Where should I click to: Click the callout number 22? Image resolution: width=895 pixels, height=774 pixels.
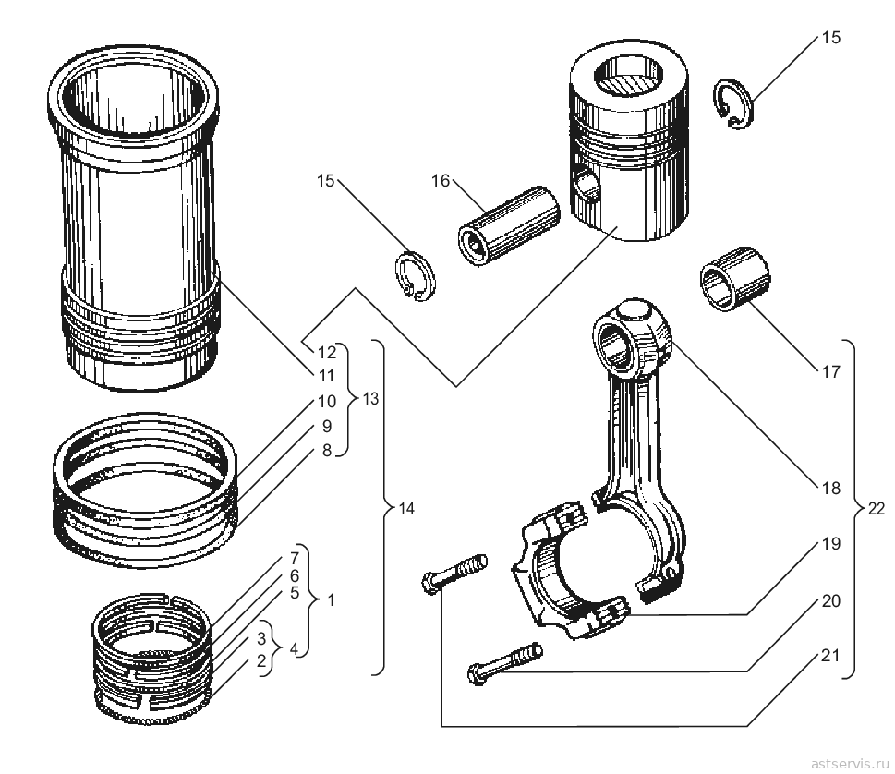pyautogui.click(x=877, y=508)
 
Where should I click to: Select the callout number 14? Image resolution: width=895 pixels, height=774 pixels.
pyautogui.click(x=405, y=508)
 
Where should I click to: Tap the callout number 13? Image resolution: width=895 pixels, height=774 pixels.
pyautogui.click(x=370, y=398)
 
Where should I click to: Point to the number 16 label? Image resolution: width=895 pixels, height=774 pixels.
pyautogui.click(x=441, y=181)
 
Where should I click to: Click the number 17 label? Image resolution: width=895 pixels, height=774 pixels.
pyautogui.click(x=831, y=371)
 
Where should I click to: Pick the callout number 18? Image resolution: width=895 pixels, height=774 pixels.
pyautogui.click(x=831, y=488)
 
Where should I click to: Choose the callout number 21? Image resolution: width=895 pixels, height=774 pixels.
pyautogui.click(x=831, y=656)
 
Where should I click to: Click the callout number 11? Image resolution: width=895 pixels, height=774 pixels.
pyautogui.click(x=326, y=376)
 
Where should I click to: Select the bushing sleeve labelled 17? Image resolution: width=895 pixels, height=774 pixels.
pyautogui.click(x=735, y=279)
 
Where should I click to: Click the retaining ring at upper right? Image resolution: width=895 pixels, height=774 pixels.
pyautogui.click(x=734, y=103)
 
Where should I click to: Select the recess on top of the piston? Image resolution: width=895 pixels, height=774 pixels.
pyautogui.click(x=627, y=76)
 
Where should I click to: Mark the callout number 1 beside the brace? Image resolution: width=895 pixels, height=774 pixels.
pyautogui.click(x=331, y=599)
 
